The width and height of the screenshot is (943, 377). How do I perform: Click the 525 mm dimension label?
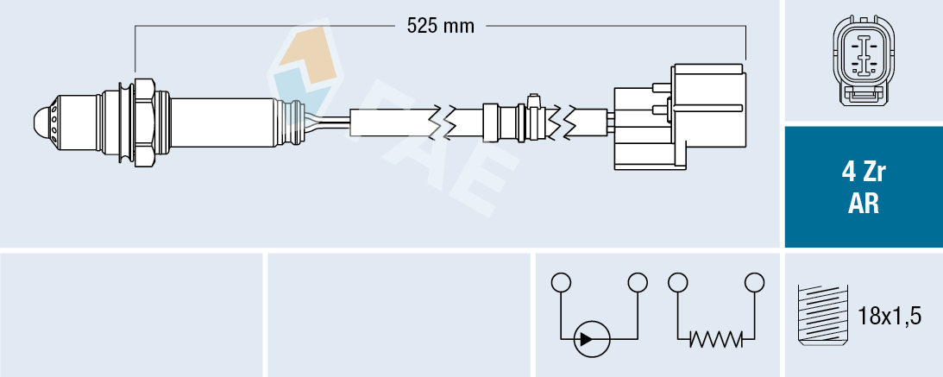tap(441, 27)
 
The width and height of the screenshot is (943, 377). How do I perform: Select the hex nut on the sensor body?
tap(145, 123)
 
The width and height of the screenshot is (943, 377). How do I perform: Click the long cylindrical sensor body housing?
tap(223, 122)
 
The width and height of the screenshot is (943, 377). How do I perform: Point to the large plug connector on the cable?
tap(680, 116)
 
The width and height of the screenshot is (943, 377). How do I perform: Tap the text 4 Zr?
tap(864, 173)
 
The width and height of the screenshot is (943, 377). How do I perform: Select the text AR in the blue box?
tap(864, 204)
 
